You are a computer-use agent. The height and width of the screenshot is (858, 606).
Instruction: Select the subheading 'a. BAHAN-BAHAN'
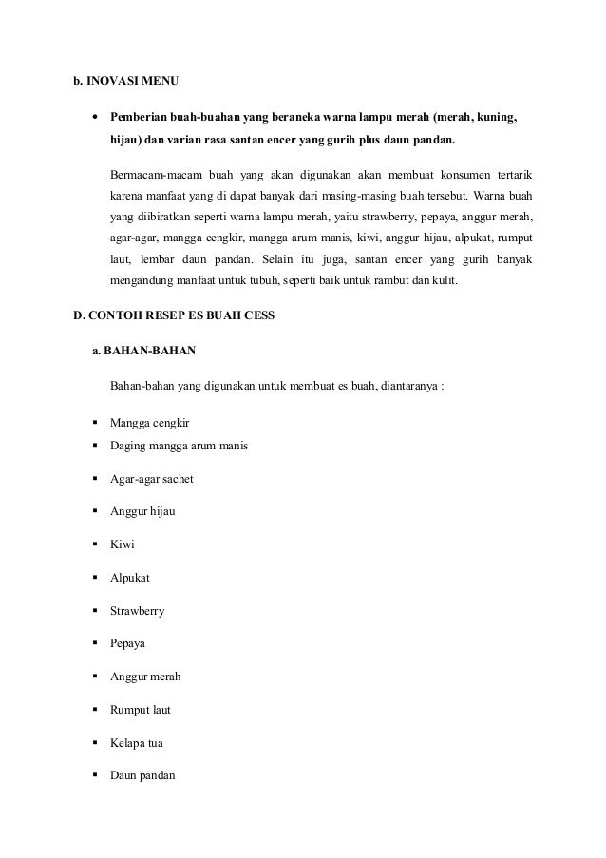[x=143, y=352]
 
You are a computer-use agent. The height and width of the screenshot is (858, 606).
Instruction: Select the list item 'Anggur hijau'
[x=142, y=511]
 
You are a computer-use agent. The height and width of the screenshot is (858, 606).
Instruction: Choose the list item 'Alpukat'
[x=130, y=578]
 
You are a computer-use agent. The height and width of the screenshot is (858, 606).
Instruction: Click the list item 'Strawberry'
[x=137, y=611]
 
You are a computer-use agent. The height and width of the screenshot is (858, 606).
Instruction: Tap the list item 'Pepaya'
[x=128, y=643]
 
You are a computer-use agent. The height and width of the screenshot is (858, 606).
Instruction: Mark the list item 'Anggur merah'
[x=145, y=677]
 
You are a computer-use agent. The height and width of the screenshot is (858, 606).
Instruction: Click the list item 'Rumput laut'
[x=141, y=709]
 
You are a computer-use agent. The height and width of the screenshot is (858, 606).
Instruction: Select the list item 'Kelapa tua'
[x=138, y=742]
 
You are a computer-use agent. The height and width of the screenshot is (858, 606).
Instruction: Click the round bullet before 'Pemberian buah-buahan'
[x=96, y=119]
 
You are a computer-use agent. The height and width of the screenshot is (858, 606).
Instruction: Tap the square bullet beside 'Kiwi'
[x=97, y=544]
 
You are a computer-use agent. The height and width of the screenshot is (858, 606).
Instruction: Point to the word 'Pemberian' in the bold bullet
[x=140, y=119]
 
